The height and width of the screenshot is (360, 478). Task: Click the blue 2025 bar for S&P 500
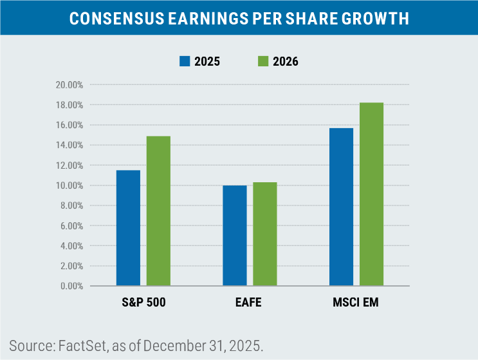pyautogui.click(x=128, y=227)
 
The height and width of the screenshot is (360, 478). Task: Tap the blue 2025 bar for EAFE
pyautogui.click(x=234, y=235)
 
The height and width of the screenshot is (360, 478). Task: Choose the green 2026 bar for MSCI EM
pyautogui.click(x=371, y=193)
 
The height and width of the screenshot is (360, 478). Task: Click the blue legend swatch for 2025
pyautogui.click(x=185, y=62)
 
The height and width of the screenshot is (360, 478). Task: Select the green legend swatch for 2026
pyautogui.click(x=262, y=62)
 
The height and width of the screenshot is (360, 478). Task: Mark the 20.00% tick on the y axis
pyautogui.click(x=69, y=85)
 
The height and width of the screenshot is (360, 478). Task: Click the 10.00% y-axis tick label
pyautogui.click(x=69, y=185)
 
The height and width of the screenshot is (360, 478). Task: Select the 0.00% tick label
pyautogui.click(x=71, y=286)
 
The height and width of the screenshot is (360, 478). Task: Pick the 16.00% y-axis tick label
pyautogui.click(x=69, y=125)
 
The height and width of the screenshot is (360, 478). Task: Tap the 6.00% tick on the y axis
pyautogui.click(x=71, y=225)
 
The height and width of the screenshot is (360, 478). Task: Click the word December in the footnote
pyautogui.click(x=169, y=345)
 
